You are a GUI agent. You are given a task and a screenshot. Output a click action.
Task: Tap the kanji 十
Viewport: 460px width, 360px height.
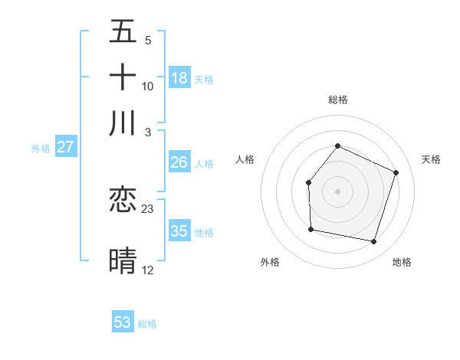[123, 78]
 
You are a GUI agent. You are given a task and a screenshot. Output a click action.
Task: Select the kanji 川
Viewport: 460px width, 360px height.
[123, 123]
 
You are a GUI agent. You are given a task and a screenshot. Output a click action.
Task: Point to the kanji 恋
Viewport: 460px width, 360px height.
[123, 201]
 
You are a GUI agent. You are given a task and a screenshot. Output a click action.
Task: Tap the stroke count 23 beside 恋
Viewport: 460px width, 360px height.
[148, 209]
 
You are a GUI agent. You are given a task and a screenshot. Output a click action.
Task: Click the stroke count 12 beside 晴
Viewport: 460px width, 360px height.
[148, 270]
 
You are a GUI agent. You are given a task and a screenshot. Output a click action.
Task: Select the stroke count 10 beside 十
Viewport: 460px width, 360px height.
[148, 86]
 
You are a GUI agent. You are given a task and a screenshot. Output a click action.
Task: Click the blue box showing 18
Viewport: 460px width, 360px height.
[179, 78]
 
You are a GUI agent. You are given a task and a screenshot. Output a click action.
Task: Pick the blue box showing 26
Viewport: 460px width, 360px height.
[179, 162]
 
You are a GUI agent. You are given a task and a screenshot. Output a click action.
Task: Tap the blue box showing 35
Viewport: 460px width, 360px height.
[179, 231]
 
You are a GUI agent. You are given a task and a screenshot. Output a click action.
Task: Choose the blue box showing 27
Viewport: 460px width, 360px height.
[65, 147]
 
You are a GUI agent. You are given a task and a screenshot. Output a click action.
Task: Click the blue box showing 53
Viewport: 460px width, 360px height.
[123, 322]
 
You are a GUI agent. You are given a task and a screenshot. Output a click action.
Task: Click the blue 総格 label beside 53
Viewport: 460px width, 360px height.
[147, 324]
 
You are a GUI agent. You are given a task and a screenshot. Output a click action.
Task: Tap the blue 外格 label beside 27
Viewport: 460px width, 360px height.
[41, 149]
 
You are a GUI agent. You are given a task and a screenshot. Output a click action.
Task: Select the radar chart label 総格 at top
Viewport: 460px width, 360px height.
[337, 100]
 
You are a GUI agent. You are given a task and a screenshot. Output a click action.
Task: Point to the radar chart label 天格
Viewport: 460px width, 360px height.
[431, 159]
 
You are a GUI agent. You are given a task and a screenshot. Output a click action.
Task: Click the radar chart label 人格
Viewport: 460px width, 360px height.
[245, 159]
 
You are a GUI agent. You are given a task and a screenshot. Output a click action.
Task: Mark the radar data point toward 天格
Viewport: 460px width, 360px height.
[396, 172]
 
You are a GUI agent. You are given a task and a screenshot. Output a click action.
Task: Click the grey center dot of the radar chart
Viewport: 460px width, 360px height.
[337, 191]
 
